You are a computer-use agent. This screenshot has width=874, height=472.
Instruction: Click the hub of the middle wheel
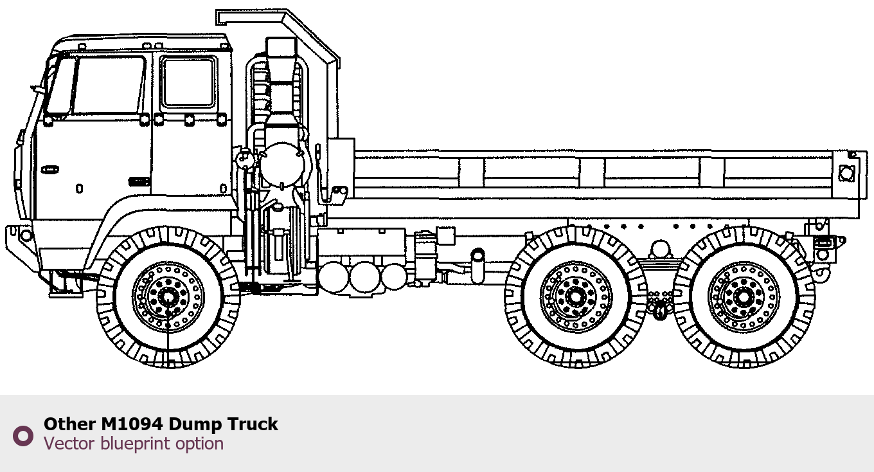(x=576, y=297)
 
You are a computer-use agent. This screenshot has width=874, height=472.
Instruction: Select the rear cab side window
(x=188, y=82)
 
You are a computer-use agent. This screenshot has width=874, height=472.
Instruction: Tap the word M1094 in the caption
(x=132, y=424)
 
